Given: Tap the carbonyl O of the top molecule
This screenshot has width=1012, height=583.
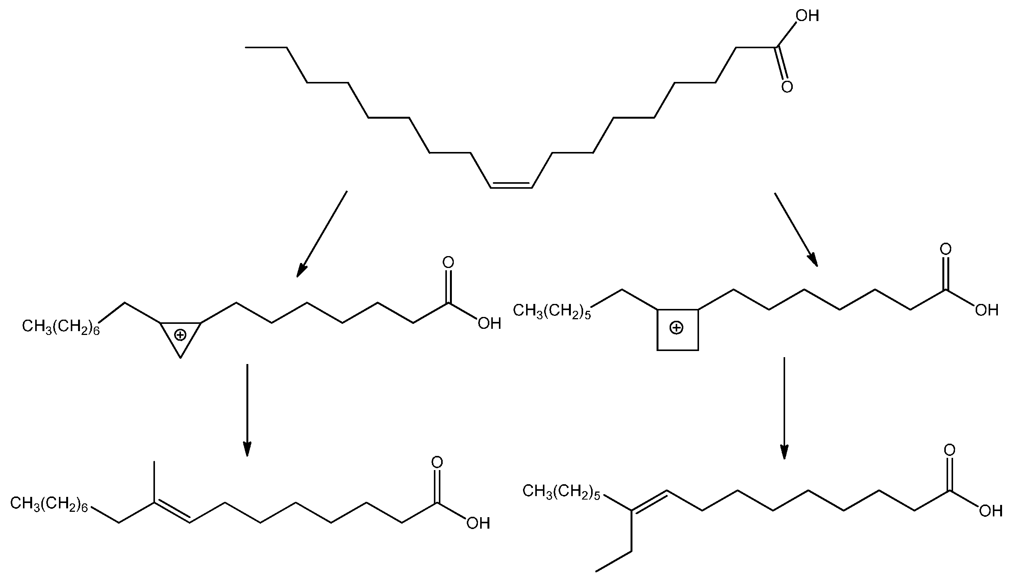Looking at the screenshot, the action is point(787,87).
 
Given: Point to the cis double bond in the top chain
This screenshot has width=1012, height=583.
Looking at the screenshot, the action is point(511,185).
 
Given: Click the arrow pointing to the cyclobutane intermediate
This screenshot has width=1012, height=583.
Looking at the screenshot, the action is point(796,230).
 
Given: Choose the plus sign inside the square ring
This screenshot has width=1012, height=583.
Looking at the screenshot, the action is point(676,328).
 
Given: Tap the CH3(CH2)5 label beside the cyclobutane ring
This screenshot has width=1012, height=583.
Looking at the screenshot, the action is point(552,311).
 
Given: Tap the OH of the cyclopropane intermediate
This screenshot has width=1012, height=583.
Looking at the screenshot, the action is point(489,323).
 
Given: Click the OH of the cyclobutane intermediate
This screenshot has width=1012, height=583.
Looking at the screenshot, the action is point(986,310).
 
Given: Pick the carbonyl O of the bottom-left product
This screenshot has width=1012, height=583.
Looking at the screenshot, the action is point(437,462).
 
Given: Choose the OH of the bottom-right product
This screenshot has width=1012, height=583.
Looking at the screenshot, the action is point(991,511).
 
